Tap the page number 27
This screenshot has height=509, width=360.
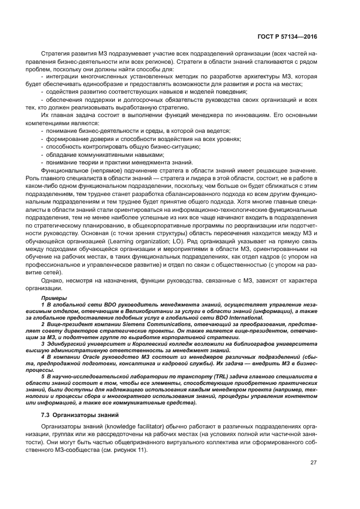[x=313, y=463]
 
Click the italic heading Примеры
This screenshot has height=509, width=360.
[x=53, y=299]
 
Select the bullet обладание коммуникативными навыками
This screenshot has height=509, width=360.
[x=90, y=154]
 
